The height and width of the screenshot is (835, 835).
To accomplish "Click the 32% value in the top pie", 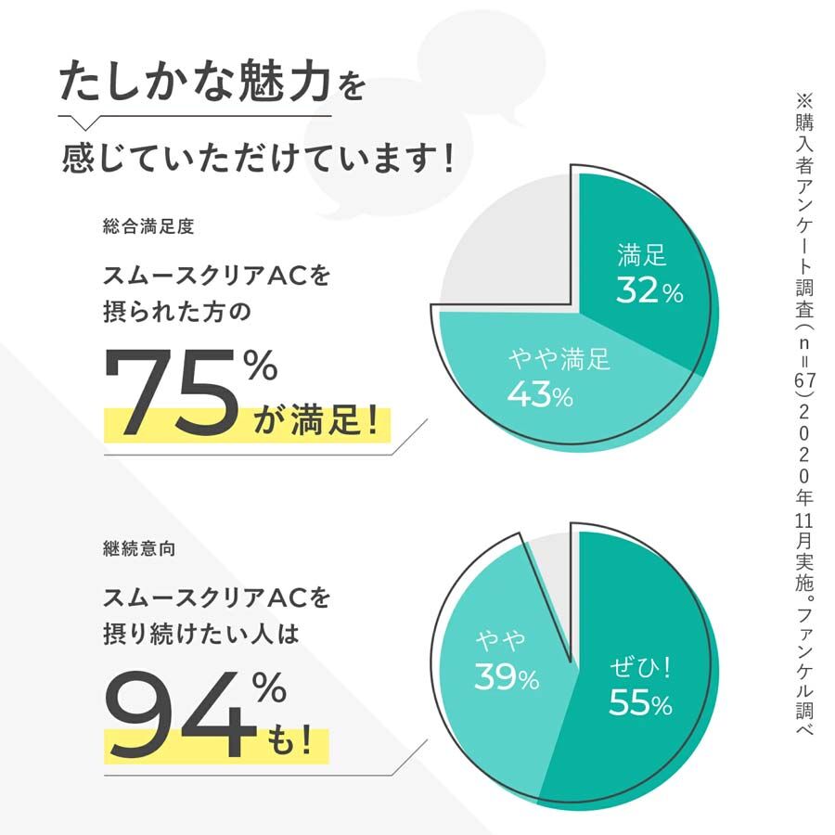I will point(649,291).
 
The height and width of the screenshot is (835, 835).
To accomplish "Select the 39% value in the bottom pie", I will point(507,677).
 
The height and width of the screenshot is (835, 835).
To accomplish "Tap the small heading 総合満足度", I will point(149,225).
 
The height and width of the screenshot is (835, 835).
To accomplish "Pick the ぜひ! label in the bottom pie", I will point(640,665).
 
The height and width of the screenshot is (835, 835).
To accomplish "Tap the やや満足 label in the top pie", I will point(559,358).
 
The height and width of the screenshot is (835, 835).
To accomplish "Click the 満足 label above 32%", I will point(642,254).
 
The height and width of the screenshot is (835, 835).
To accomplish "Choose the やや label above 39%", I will point(501,640).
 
